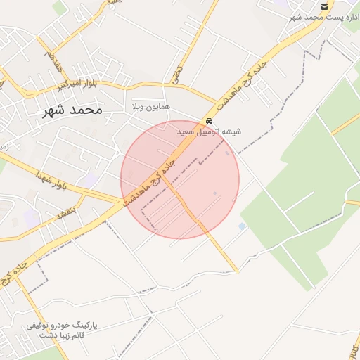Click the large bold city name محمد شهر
(x=72, y=110)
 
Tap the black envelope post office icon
(x=324, y=6)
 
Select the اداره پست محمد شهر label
(x=324, y=17)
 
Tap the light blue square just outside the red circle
(x=243, y=226)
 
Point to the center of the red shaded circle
(x=180, y=179)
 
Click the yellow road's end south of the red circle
(x=237, y=271)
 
